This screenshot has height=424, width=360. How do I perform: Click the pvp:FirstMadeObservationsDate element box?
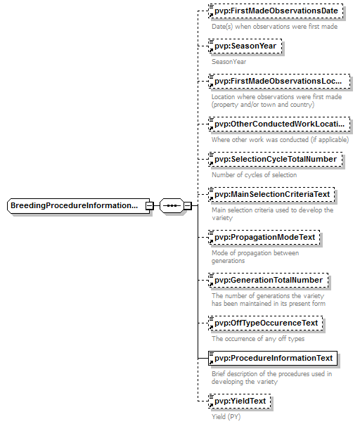pos(276,11)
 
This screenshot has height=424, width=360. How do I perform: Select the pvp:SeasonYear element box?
pos(245,46)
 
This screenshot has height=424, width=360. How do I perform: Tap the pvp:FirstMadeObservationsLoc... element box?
pos(279,82)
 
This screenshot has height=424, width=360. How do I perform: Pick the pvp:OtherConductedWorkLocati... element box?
pos(279,124)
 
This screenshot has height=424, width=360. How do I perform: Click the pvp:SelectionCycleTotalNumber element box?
pos(276,160)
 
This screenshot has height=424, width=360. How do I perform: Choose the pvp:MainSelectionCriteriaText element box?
pos(271,195)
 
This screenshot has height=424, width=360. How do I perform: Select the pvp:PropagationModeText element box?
pos(264,238)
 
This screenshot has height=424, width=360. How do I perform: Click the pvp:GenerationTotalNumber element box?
pos(269,281)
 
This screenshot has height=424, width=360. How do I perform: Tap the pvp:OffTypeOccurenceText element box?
pos(266,323)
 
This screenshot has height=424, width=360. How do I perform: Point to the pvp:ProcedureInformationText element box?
pos(273,359)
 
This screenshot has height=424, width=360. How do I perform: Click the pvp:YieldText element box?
pos(240,401)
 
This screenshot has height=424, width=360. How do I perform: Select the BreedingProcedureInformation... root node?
pos(79,206)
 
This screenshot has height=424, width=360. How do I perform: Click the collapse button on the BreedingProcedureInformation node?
pos(149,206)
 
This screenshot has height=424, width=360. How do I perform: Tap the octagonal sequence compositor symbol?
pos(172,206)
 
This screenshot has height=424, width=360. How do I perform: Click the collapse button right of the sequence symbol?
pos(188,206)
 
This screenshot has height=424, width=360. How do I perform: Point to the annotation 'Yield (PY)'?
pos(226,417)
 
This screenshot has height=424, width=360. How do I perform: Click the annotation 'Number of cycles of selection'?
pos(255,175)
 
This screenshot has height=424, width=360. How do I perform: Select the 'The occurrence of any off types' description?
pos(258,339)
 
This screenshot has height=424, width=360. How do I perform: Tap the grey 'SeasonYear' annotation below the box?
pos(229,62)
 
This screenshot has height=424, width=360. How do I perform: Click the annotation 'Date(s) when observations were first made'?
pos(274,27)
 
